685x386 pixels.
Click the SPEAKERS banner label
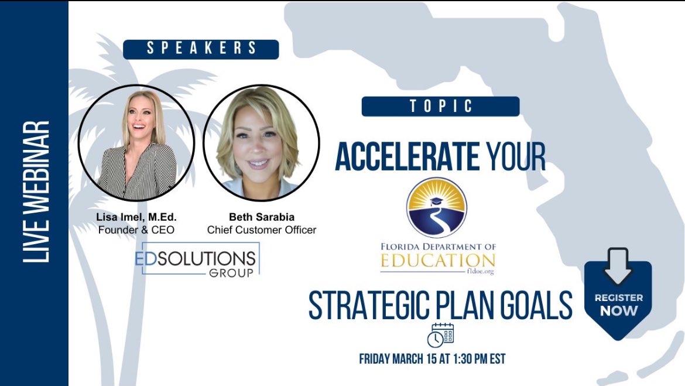[201, 49]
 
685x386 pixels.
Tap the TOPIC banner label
[440, 107]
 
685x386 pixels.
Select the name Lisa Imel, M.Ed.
[136, 217]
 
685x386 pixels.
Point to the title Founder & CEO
[136, 230]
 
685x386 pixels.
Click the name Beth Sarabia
[261, 217]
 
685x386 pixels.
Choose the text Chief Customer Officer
[261, 230]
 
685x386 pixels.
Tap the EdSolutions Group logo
[197, 259]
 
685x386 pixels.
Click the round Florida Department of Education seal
[436, 208]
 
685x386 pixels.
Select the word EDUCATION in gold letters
[437, 260]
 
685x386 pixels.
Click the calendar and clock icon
[440, 334]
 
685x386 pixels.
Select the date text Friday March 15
[405, 358]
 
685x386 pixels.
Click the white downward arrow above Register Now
[617, 267]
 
